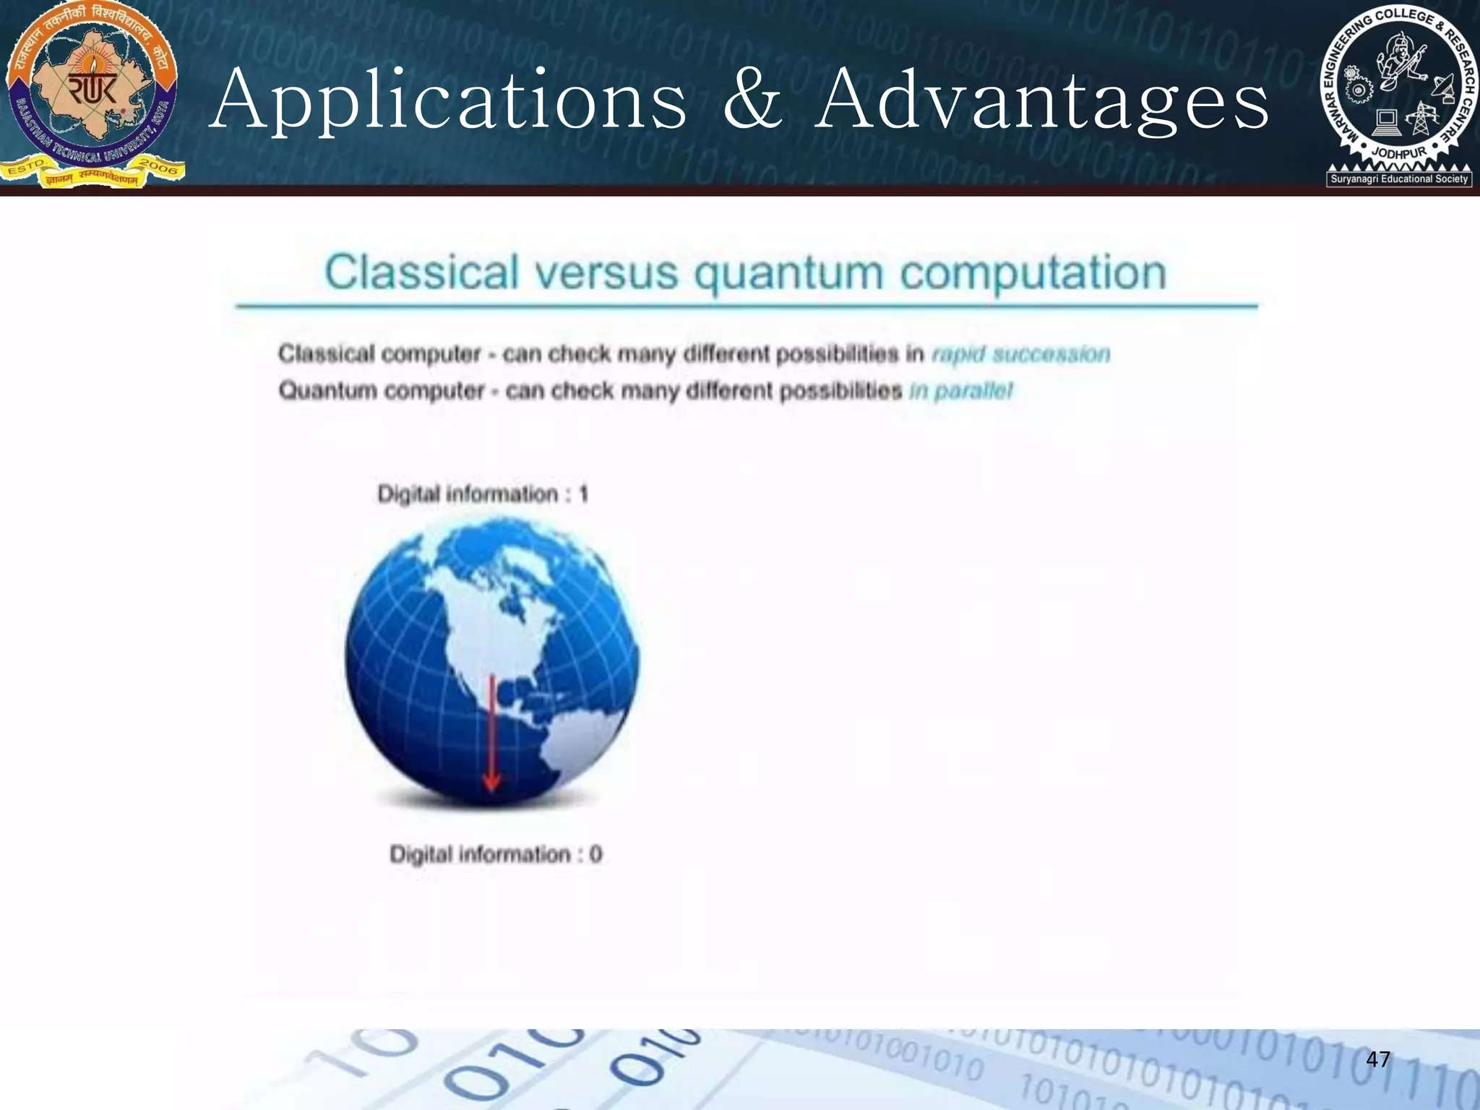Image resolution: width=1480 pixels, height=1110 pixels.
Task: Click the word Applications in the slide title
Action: point(448,101)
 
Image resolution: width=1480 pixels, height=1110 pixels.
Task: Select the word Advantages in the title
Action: point(1042,101)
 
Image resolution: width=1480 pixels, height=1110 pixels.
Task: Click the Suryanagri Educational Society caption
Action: point(1399,178)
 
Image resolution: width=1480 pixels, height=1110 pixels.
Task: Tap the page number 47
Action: point(1378,1059)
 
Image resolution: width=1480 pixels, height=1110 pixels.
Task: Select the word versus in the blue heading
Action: point(606,273)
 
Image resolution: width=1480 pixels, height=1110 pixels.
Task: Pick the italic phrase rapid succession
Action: point(1020,354)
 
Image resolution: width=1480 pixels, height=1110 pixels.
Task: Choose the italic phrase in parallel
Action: point(961,391)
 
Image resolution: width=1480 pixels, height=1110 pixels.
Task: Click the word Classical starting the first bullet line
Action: point(326,354)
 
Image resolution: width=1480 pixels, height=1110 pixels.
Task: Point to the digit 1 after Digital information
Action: point(583,494)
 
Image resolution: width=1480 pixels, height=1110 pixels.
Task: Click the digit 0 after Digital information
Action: point(595,854)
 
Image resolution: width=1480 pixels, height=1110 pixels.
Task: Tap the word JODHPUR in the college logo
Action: point(1400,153)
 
